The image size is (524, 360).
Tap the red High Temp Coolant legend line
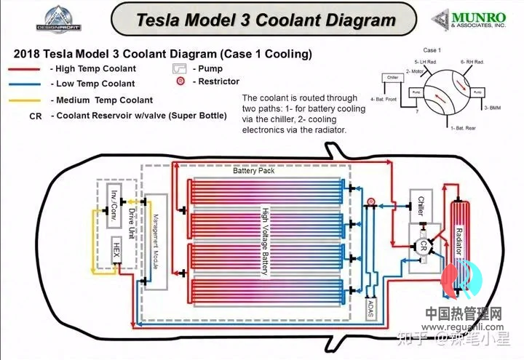pos(26,69)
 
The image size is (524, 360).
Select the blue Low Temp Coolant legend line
pos(26,84)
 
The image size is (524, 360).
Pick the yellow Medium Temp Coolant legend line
pos(26,100)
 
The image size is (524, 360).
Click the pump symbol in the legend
pos(179,69)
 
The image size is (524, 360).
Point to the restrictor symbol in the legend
pos(179,81)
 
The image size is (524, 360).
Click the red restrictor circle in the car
pos(370,200)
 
